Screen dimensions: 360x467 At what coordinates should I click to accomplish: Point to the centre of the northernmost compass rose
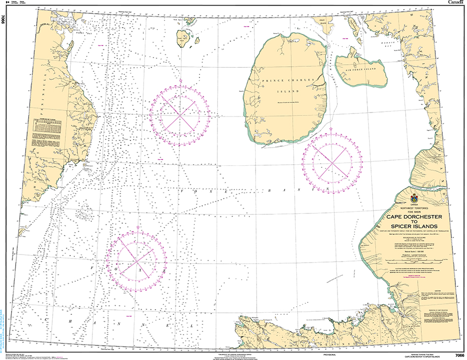(180, 114)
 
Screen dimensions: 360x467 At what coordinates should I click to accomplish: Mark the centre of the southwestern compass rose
(137, 258)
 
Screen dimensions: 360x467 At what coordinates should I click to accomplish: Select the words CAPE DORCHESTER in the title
(414, 217)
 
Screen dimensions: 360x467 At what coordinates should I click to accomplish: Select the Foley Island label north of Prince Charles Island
(319, 21)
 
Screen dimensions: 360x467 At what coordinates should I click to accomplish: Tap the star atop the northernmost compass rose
(180, 81)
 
